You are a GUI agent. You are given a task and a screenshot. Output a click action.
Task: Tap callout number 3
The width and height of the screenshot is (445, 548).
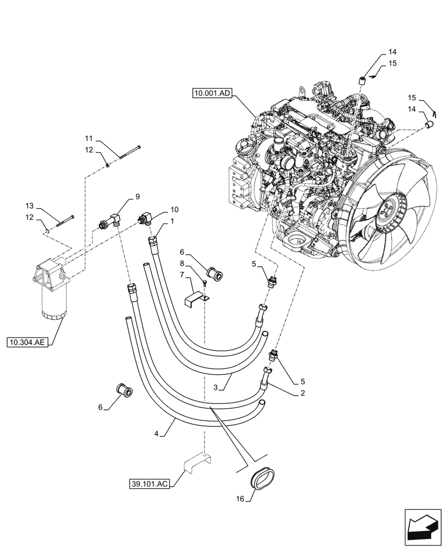pyautogui.click(x=217, y=387)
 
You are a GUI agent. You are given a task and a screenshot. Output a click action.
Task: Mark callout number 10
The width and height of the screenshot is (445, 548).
pyautogui.click(x=174, y=209)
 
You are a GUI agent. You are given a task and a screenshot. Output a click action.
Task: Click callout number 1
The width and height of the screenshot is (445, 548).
pyautogui.click(x=172, y=221)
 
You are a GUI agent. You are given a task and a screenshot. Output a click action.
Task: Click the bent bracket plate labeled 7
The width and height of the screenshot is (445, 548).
pyautogui.click(x=196, y=301)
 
